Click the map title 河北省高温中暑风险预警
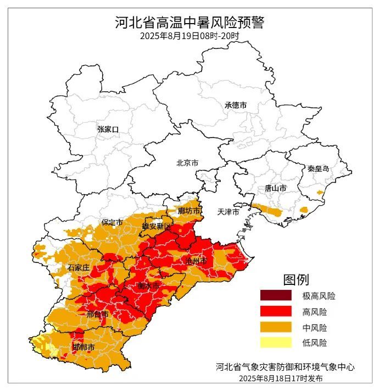(189, 23)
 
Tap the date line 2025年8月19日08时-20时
(189, 36)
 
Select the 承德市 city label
(235, 105)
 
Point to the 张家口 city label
(108, 129)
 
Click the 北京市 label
(187, 163)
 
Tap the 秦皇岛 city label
(318, 169)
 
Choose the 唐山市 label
(275, 188)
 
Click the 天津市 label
(228, 212)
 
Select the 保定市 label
(112, 223)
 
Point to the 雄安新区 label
(157, 227)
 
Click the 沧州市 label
(196, 260)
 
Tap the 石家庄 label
(79, 267)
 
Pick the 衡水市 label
(148, 286)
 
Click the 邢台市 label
(97, 314)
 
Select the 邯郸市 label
(83, 348)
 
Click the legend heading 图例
(296, 279)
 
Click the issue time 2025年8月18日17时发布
(281, 378)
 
